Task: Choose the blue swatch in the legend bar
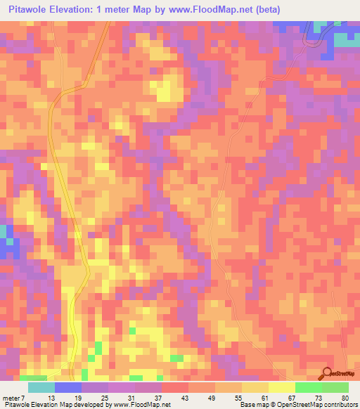click(x=67, y=387)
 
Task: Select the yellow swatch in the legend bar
click(x=281, y=387)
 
